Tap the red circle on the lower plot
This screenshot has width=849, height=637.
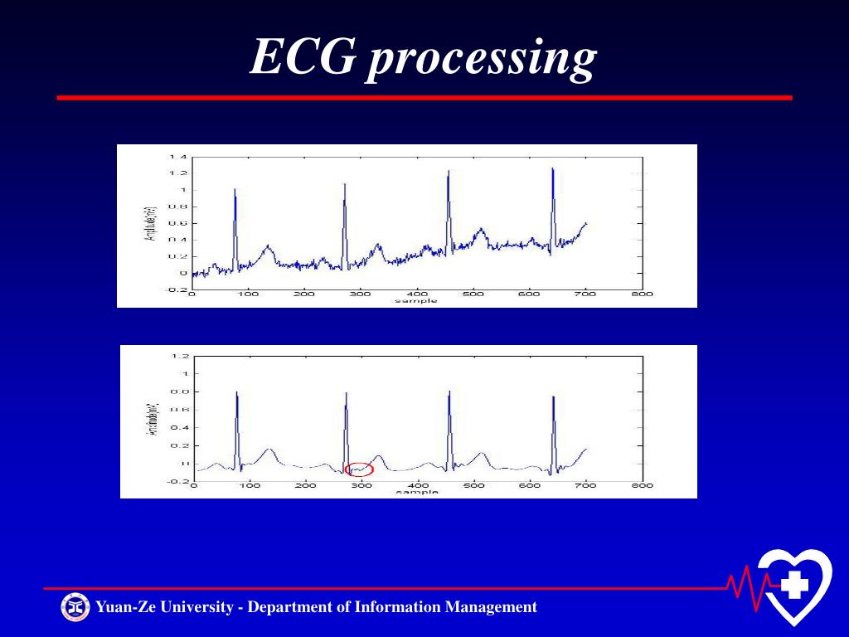pyautogui.click(x=359, y=469)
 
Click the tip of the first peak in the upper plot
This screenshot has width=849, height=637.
pyautogui.click(x=235, y=189)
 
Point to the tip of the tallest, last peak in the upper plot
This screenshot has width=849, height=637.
pyautogui.click(x=552, y=168)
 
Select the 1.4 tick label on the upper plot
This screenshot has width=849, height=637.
pyautogui.click(x=177, y=157)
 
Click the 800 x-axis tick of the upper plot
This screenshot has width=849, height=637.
pyautogui.click(x=642, y=294)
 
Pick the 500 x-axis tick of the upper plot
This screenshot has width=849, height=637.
pyautogui.click(x=473, y=294)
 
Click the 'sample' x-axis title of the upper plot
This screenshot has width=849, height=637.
pyautogui.click(x=415, y=301)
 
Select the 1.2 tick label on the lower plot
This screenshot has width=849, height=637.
pyautogui.click(x=179, y=356)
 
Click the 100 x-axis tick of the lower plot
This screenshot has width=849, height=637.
pyautogui.click(x=250, y=485)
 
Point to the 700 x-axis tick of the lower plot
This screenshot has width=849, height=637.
pyautogui.click(x=586, y=485)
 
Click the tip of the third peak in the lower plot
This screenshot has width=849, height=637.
pyautogui.click(x=449, y=392)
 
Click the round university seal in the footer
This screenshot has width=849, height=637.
pyautogui.click(x=75, y=607)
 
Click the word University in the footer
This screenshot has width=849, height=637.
pyautogui.click(x=196, y=607)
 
